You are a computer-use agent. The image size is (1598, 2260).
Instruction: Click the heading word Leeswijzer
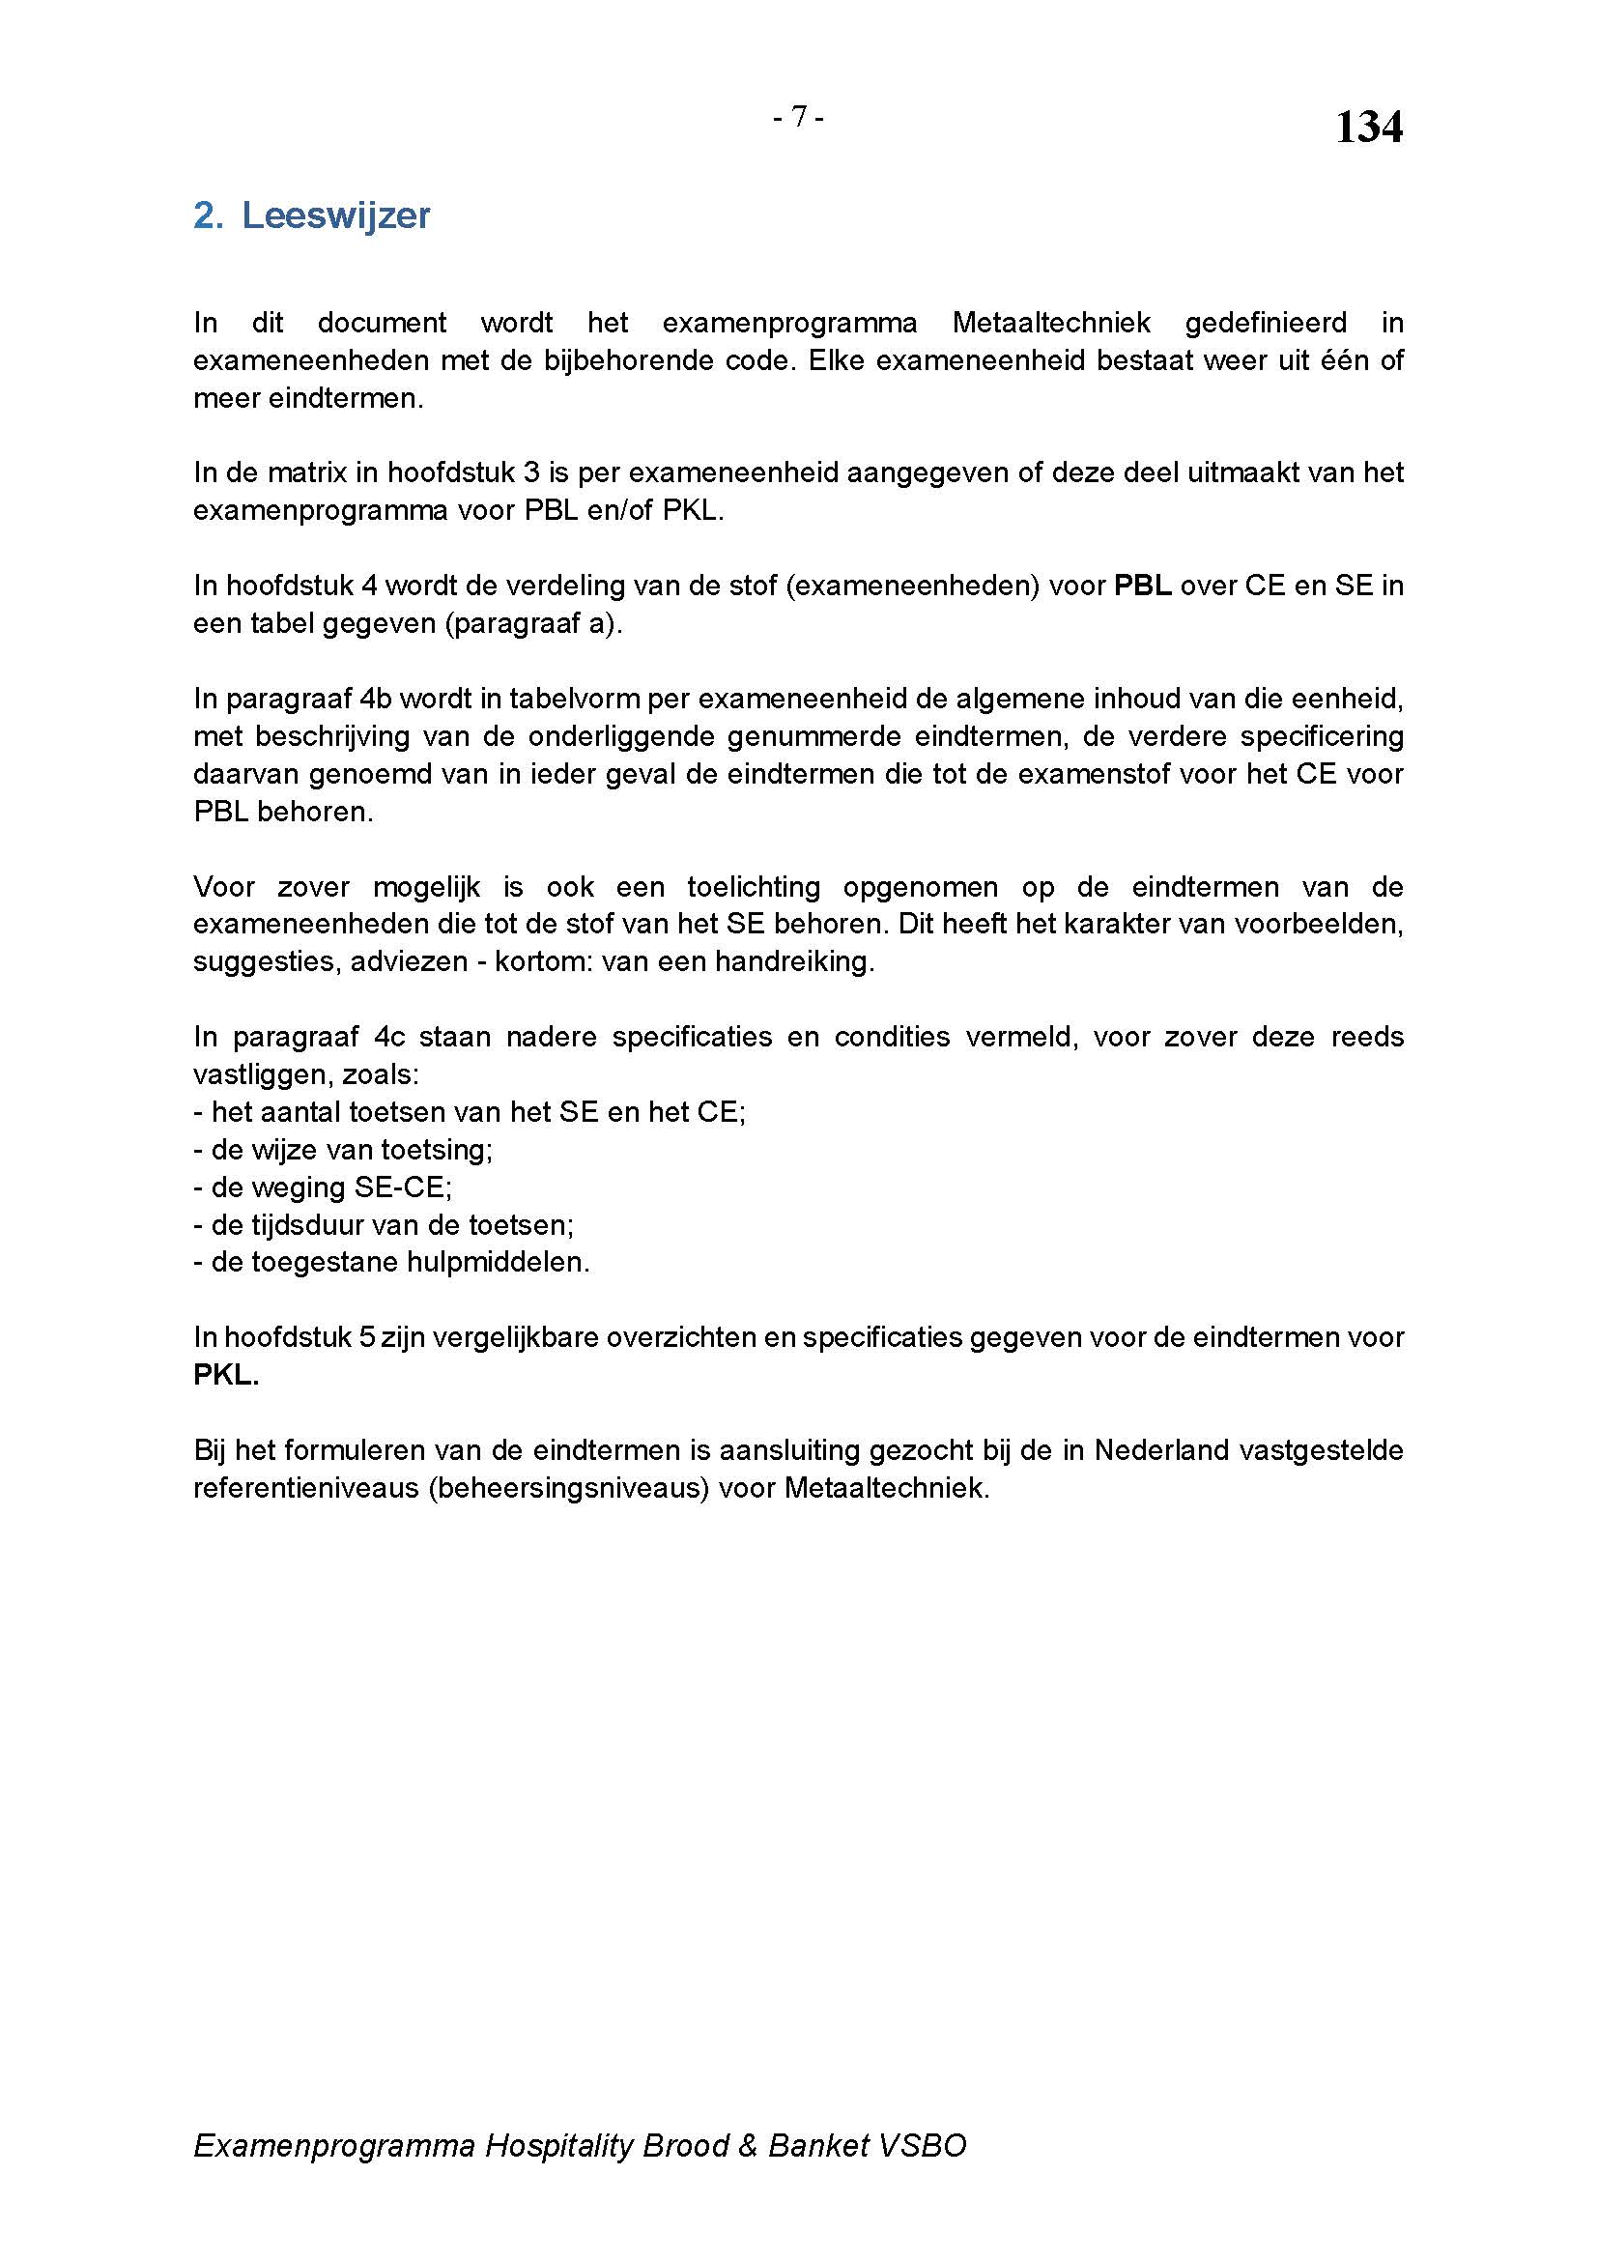[335, 215]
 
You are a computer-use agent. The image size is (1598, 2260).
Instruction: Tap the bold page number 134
[1368, 127]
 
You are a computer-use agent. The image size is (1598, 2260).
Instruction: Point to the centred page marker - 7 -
[798, 117]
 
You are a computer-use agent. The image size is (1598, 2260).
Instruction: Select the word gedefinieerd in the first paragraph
[1266, 323]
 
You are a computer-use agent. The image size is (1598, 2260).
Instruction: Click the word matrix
[306, 473]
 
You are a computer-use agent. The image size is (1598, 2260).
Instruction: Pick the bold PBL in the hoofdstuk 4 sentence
[1141, 586]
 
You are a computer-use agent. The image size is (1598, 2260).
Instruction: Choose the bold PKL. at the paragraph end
[226, 1375]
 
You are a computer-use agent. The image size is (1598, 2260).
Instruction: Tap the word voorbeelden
[1319, 925]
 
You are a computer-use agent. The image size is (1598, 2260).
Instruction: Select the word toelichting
[754, 887]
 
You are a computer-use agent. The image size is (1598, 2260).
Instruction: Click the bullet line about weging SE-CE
[323, 1187]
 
